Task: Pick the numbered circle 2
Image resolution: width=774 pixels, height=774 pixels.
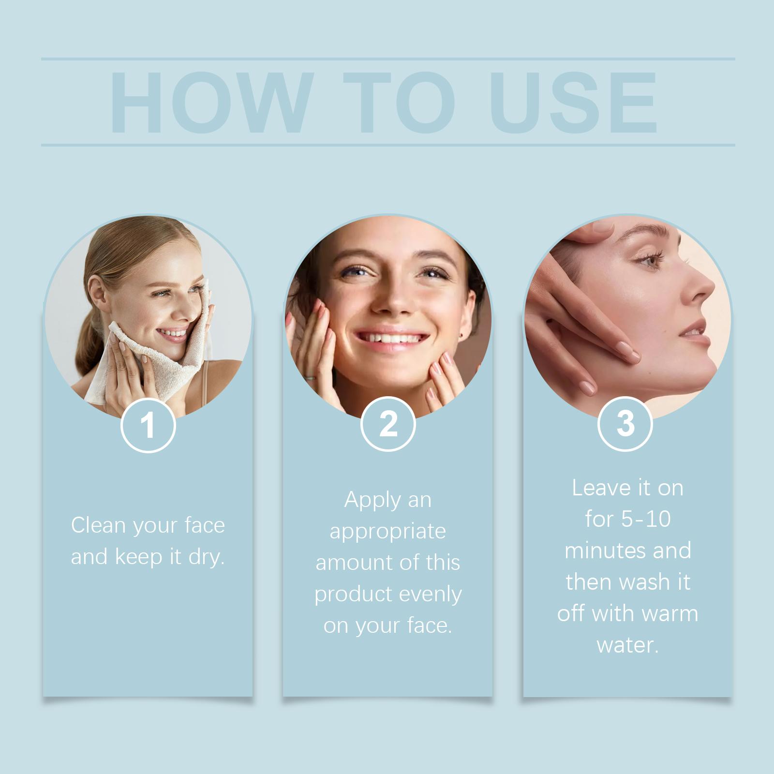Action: (x=388, y=424)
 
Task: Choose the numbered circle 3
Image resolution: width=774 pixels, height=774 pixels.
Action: (x=625, y=423)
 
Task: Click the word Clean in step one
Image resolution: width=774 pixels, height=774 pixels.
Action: (x=98, y=525)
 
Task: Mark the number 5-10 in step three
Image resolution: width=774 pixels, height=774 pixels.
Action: (x=647, y=520)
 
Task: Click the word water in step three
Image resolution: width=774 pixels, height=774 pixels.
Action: (x=627, y=645)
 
